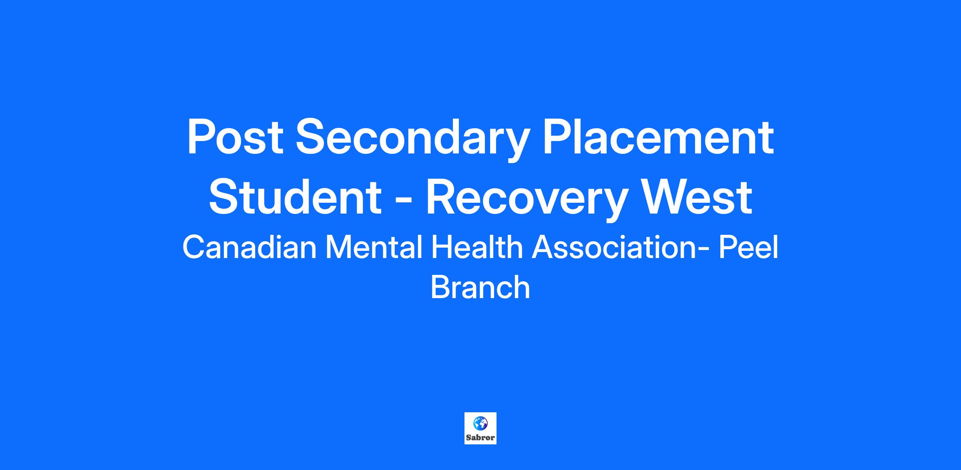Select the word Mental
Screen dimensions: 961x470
click(x=374, y=247)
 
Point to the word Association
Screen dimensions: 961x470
click(x=614, y=247)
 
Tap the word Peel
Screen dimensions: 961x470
click(x=748, y=247)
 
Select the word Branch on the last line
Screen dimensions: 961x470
click(x=480, y=287)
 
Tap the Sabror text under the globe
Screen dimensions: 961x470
click(x=480, y=438)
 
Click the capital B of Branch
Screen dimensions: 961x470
click(x=440, y=287)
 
